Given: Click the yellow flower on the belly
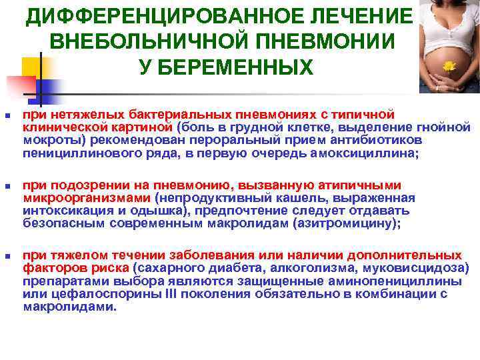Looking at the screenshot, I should point(449,66).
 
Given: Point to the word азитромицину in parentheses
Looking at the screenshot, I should point(345,224).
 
